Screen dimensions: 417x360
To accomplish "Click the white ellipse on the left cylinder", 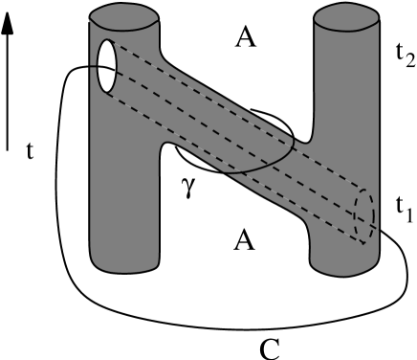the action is pos(107,66).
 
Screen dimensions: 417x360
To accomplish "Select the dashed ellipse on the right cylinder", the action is pos(364,216).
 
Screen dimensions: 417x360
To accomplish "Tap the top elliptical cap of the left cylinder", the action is pos(123,17).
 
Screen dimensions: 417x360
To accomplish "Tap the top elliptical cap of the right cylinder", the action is pos(346,17).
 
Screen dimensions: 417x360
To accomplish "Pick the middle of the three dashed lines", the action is pos(239,134).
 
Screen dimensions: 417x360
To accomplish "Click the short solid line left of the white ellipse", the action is pos(94,66).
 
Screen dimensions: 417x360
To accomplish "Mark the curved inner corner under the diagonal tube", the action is pos(167,145).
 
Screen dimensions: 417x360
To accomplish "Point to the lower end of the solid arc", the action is pos(227,173).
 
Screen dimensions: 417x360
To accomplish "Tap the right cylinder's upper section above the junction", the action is pos(346,77).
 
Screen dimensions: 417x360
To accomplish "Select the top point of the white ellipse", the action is pos(107,40).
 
